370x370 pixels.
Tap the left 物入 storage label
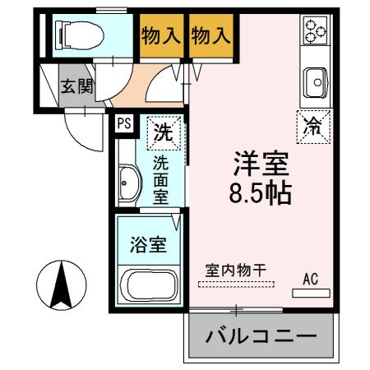pos(161,36)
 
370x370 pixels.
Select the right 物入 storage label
pos(210,36)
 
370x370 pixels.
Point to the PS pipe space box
pos(123,123)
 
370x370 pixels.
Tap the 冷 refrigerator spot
pos(313,126)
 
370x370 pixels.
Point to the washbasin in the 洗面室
pos(130,180)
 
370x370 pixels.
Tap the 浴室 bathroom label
pos(149,245)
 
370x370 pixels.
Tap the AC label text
pos(310,278)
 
